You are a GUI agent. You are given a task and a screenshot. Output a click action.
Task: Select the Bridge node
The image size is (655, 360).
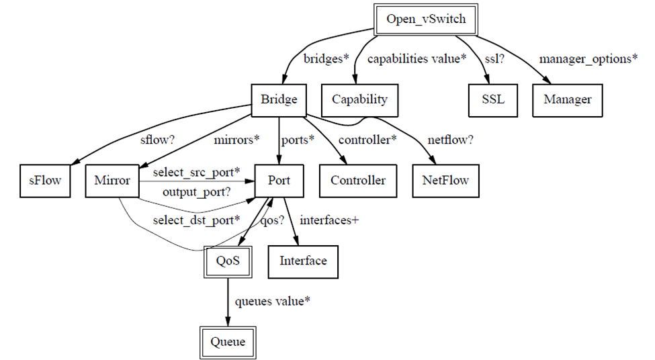(x=279, y=99)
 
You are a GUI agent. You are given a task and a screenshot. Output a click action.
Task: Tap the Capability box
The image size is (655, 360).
(x=359, y=99)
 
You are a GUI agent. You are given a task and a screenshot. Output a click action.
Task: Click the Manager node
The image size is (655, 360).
(x=568, y=99)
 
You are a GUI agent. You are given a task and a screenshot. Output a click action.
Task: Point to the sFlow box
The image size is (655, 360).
(x=45, y=180)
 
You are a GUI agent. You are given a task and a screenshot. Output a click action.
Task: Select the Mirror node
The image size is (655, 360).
(x=112, y=180)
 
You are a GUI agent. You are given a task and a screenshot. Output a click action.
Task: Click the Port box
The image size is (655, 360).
(x=279, y=180)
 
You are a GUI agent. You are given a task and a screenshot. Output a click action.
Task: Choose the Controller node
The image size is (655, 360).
(x=358, y=180)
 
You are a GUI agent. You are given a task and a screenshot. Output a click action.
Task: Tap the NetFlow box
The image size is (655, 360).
(x=445, y=180)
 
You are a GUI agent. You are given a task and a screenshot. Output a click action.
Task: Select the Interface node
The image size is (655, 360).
(x=303, y=261)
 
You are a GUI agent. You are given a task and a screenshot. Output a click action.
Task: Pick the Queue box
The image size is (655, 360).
(x=228, y=342)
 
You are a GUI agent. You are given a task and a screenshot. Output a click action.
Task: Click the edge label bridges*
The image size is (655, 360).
(x=327, y=58)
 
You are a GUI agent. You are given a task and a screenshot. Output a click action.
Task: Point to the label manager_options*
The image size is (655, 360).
(x=588, y=58)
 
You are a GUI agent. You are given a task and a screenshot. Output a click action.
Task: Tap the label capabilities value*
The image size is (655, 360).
(x=417, y=58)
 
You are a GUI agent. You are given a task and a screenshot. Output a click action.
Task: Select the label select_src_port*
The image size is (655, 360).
(x=196, y=172)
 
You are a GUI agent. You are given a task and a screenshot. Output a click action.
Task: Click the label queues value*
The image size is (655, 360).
(x=272, y=301)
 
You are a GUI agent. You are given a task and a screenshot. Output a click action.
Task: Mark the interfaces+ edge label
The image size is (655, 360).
(x=329, y=220)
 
